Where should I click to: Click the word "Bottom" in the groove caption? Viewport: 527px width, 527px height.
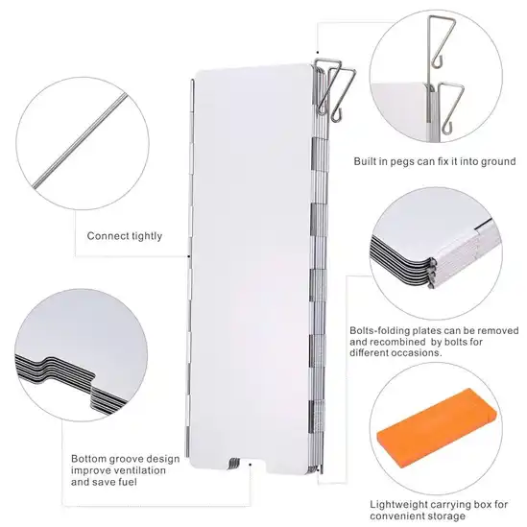(x=88, y=459)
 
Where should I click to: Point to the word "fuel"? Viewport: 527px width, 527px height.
(x=127, y=482)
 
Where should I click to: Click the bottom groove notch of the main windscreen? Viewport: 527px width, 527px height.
(x=248, y=463)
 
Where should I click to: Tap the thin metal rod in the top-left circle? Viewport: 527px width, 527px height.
(x=81, y=140)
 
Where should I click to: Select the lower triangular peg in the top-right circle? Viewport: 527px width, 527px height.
(x=451, y=108)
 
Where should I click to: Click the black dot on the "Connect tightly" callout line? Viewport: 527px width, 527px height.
(x=188, y=256)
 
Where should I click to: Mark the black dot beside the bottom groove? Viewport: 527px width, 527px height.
(x=251, y=465)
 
